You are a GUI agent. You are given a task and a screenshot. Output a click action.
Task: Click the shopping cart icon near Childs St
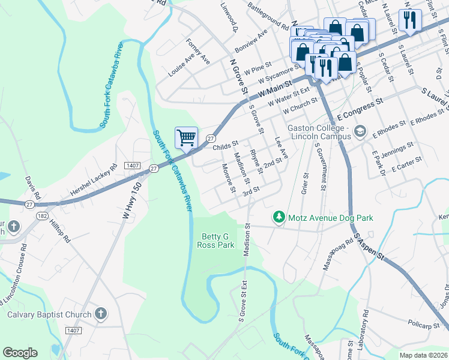tap(186, 137)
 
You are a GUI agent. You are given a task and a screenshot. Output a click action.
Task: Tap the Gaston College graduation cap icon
tap(360, 130)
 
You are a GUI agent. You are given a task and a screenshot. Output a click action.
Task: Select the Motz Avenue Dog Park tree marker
tap(279, 217)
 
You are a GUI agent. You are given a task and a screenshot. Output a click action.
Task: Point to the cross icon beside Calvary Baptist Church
tap(101, 314)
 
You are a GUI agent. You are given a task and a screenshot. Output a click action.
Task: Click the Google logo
tap(20, 353)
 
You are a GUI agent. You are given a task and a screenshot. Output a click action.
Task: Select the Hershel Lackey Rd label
tap(92, 180)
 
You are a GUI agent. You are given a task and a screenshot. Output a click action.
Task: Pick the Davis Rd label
tap(32, 187)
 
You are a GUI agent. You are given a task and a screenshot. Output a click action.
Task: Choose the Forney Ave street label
tap(198, 52)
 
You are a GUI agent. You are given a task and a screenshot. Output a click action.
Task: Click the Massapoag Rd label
tap(337, 254)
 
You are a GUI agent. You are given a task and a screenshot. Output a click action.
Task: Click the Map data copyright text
tap(423, 355)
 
